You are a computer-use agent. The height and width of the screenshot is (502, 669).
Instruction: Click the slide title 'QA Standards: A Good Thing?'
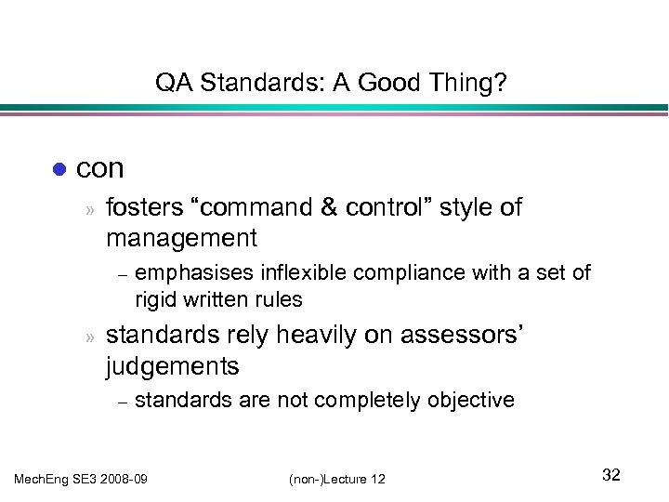[x=331, y=85]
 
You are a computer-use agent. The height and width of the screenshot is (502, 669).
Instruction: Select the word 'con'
[x=100, y=168]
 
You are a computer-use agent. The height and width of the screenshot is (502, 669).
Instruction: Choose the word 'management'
[x=181, y=238]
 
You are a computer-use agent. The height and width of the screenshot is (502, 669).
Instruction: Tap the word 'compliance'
[x=361, y=272]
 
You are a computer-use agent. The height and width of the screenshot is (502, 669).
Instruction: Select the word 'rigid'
[x=154, y=299]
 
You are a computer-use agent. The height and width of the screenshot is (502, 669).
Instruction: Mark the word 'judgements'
[x=173, y=366]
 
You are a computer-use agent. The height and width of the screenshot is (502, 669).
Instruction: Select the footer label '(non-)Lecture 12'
[x=336, y=478]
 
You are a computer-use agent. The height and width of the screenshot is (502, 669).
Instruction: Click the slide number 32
[x=610, y=475]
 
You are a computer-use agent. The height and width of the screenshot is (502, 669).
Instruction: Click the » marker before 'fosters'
[x=90, y=209]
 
